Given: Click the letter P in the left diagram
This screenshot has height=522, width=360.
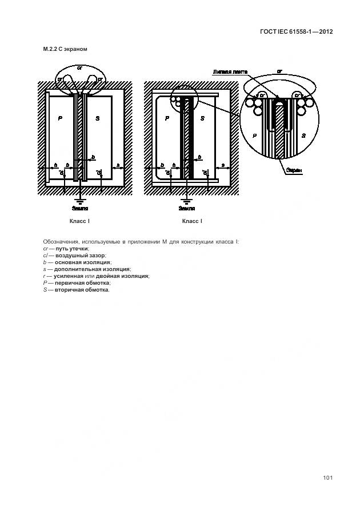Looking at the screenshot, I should [x=59, y=118].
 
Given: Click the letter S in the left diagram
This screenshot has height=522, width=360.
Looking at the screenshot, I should [x=98, y=118].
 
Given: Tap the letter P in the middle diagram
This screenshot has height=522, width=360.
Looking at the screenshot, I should [x=167, y=118].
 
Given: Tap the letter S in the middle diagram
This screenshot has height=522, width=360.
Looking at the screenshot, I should [x=202, y=118].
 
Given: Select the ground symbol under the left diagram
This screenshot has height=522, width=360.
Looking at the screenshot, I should [x=81, y=201].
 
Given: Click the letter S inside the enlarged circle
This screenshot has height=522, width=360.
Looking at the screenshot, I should [x=303, y=136].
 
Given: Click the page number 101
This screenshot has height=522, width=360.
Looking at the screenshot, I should [x=327, y=478].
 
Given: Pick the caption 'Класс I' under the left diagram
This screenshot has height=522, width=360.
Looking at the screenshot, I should [x=79, y=221].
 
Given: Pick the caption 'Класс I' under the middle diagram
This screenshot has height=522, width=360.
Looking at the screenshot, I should [x=192, y=221].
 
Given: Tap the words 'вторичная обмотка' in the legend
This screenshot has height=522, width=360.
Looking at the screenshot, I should [x=81, y=289].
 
